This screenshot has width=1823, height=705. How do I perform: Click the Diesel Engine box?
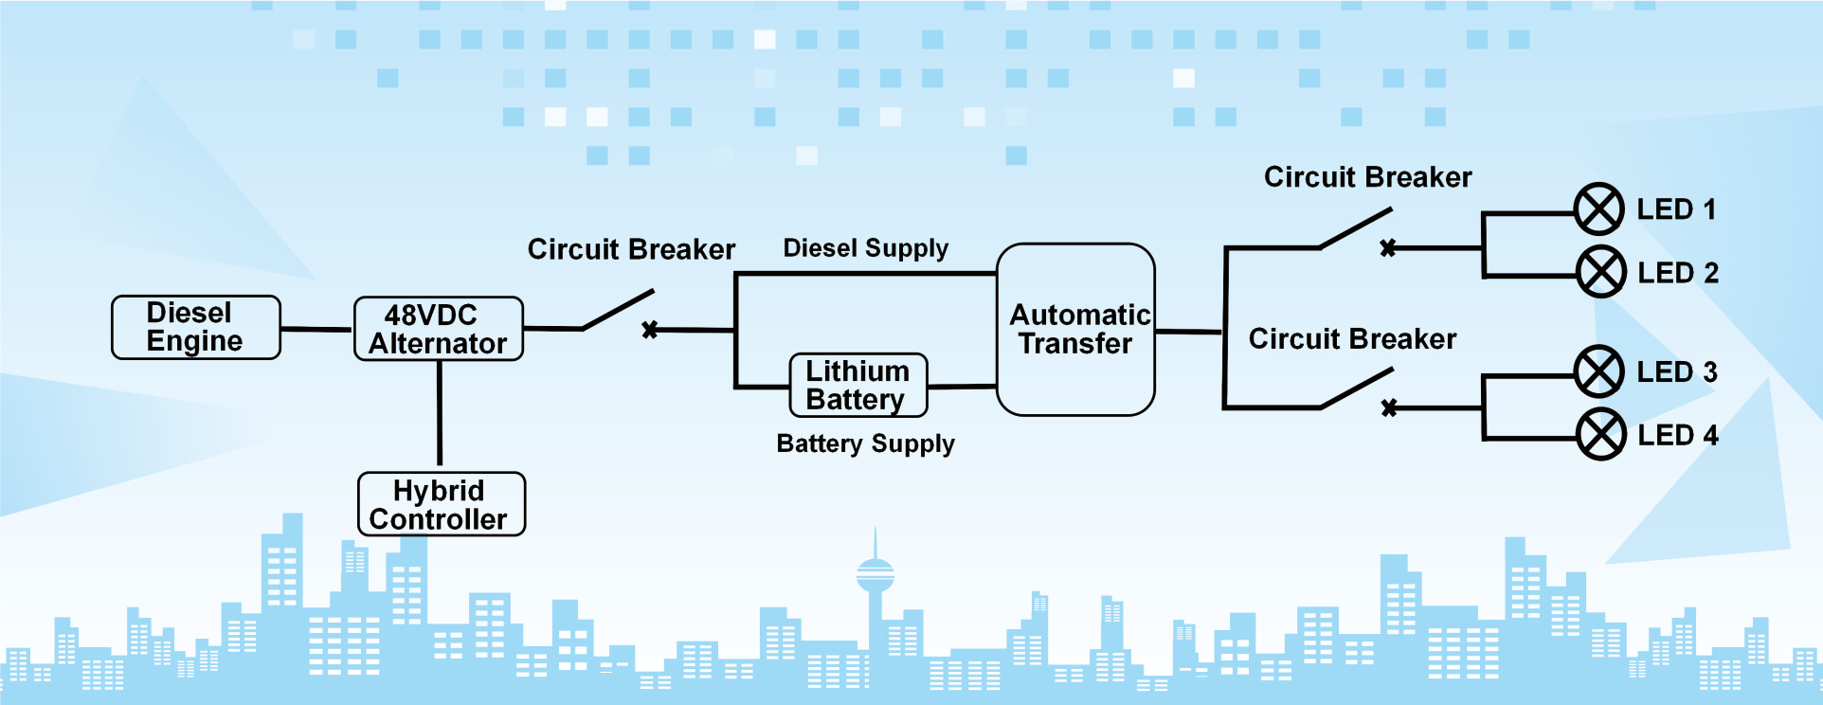(x=196, y=327)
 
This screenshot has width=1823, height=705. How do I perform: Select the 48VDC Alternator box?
(x=439, y=329)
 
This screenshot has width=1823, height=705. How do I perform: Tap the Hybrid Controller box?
(x=442, y=504)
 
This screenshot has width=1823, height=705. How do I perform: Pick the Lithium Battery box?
(x=858, y=385)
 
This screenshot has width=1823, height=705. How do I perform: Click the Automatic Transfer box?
(x=1076, y=330)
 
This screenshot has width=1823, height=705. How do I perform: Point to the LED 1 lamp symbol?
(x=1599, y=209)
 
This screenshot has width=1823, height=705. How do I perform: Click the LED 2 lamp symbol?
(x=1601, y=272)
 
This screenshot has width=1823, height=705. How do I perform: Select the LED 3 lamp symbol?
(x=1599, y=371)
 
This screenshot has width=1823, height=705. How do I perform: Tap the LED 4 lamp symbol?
(x=1601, y=434)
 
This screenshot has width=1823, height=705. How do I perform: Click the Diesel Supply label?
(x=866, y=249)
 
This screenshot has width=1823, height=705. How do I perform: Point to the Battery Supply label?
(x=866, y=444)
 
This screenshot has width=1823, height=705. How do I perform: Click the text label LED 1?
(x=1676, y=209)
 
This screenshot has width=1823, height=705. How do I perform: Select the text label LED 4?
(x=1678, y=435)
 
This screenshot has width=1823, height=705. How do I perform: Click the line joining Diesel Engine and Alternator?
(x=316, y=330)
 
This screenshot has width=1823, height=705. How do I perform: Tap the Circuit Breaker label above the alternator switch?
(x=631, y=250)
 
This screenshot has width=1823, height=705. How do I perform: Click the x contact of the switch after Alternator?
(x=650, y=330)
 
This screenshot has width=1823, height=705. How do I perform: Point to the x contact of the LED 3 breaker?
(x=1389, y=408)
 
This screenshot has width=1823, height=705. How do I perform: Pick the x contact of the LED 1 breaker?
(x=1388, y=248)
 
